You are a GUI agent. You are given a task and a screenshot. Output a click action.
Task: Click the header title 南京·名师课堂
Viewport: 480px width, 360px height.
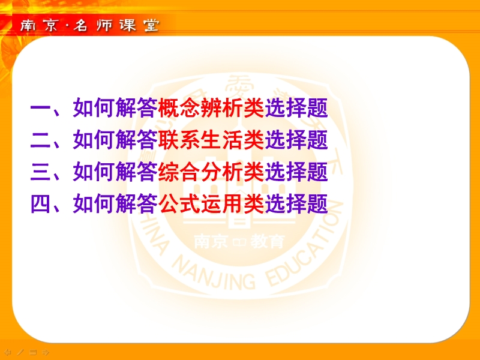[90, 25]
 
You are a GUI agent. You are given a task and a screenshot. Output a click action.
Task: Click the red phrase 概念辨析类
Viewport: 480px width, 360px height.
[211, 108]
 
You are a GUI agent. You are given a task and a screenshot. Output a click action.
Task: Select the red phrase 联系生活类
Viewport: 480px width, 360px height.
[211, 140]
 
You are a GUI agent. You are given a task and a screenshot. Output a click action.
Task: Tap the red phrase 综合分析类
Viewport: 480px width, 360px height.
[211, 172]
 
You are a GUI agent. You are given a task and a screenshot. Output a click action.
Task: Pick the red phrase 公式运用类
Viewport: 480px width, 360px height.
[211, 203]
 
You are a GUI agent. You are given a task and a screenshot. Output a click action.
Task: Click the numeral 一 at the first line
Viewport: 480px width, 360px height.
[40, 109]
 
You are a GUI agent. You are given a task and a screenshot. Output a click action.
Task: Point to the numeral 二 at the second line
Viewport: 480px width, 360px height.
[40, 140]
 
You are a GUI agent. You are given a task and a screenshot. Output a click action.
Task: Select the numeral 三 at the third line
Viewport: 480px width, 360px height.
[40, 172]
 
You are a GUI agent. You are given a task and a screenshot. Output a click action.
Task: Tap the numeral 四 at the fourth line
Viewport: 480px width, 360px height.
[40, 203]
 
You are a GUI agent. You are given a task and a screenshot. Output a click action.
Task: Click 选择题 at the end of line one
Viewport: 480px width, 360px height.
[296, 108]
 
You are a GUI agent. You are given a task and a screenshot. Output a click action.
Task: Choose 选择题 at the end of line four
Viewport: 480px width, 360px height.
[296, 203]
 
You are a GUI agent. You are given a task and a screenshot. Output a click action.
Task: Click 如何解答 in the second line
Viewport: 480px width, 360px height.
[115, 140]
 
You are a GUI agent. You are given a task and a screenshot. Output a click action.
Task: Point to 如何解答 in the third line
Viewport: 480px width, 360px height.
[115, 172]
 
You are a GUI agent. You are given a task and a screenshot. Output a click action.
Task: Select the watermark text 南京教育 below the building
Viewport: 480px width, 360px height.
[239, 242]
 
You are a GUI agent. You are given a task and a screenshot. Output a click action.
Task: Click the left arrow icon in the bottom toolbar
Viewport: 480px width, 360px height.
[8, 352]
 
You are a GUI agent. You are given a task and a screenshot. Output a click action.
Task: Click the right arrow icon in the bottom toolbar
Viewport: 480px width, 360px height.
[46, 352]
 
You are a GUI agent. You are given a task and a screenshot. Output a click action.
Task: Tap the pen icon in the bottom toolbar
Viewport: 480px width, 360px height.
[20, 352]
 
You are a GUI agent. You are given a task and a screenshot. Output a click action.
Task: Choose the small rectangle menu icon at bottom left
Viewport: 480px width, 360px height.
[33, 352]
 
